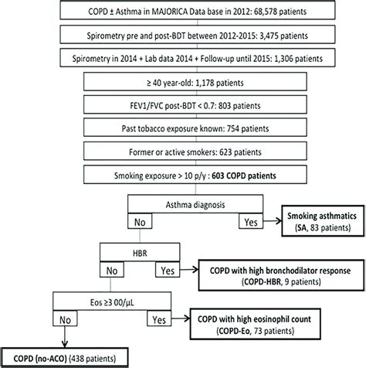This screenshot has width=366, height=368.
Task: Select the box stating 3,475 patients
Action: coord(182,37)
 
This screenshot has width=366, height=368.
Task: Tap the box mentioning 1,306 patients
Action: coord(182,59)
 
